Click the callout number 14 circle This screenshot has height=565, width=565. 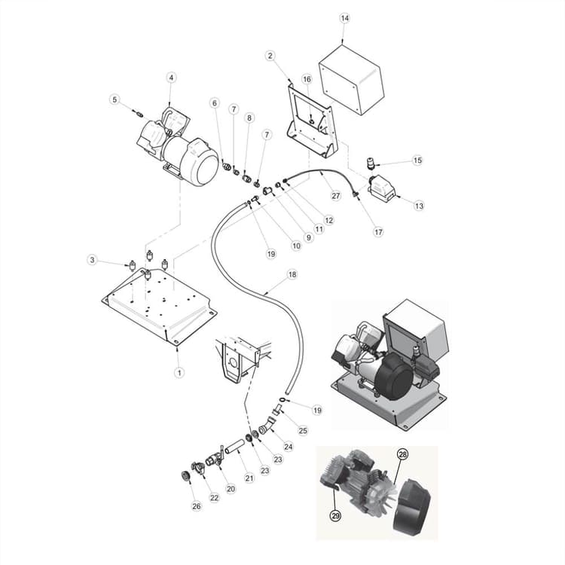click(x=344, y=17)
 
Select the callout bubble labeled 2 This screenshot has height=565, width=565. click(x=270, y=55)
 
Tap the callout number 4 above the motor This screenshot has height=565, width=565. click(x=171, y=78)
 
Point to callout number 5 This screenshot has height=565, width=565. click(x=115, y=99)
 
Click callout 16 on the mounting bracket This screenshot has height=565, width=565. click(x=307, y=79)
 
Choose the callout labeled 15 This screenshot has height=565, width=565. click(x=417, y=160)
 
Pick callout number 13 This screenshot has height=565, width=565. click(x=419, y=206)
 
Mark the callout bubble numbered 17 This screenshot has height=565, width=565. click(x=378, y=232)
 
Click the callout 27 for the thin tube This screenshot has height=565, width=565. click(x=336, y=195)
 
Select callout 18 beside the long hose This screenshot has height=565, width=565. click(x=292, y=275)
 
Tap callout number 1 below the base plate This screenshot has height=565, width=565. click(x=179, y=372)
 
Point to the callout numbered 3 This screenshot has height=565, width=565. click(x=93, y=260)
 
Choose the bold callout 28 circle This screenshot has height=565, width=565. click(x=402, y=456)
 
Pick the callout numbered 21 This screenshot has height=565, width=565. click(x=249, y=477)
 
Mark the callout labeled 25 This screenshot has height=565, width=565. click(x=302, y=430)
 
